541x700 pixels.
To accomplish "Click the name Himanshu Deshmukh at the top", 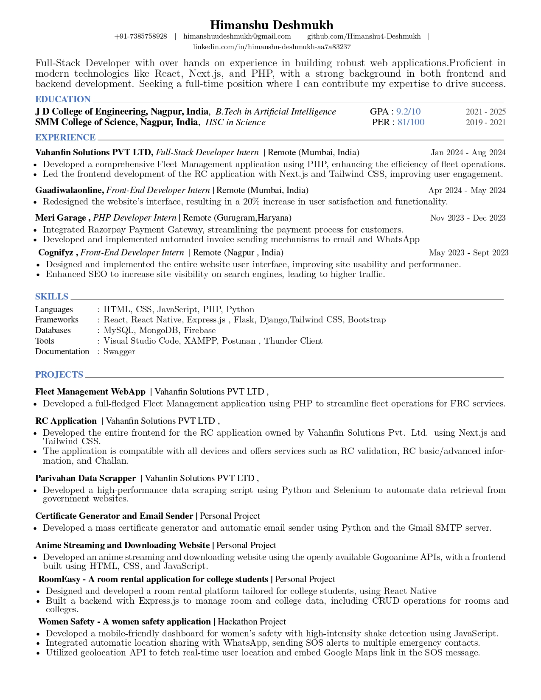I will (x=272, y=25).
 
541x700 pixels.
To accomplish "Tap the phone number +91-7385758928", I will (x=140, y=36).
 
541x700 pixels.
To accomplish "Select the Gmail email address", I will (x=237, y=36).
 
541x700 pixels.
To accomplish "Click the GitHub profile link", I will (x=364, y=36).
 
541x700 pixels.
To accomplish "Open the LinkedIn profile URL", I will (x=272, y=47).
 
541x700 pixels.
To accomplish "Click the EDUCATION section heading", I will (x=63, y=99).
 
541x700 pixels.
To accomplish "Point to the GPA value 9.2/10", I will (x=408, y=112).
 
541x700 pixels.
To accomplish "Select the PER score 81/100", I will (x=411, y=122).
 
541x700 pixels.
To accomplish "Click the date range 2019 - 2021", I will (x=485, y=123).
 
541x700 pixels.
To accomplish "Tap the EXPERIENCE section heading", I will (x=65, y=137).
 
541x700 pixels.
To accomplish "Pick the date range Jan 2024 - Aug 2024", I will (x=468, y=153).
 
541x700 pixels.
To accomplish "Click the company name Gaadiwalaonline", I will (x=69, y=190).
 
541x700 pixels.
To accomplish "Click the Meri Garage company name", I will (x=61, y=218).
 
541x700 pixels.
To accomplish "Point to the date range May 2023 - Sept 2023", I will (x=468, y=253).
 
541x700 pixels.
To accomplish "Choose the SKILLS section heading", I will (x=52, y=297).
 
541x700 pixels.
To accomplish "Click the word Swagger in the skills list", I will (x=119, y=351).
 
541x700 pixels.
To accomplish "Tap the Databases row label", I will (x=53, y=330).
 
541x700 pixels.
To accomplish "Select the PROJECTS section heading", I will (x=59, y=375).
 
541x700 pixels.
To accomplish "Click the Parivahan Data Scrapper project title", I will (x=85, y=478).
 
